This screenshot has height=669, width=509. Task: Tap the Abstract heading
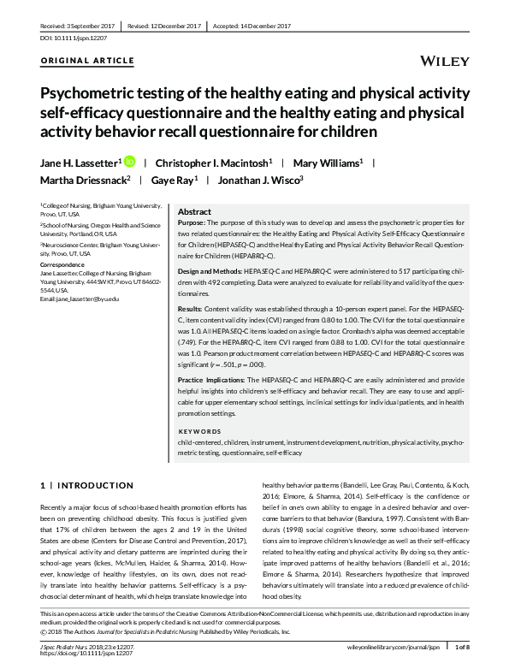point(194,211)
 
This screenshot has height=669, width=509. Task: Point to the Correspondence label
point(66,265)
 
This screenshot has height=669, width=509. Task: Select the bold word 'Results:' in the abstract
point(190,307)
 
